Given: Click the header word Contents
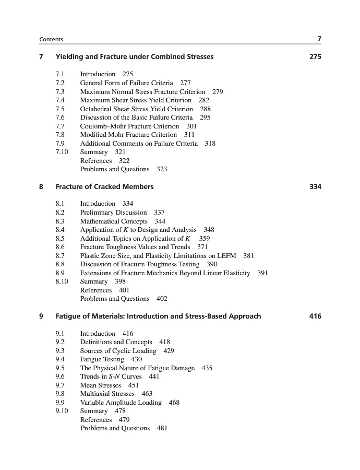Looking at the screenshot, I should click(51, 39).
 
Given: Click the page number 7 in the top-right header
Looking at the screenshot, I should click(319, 39).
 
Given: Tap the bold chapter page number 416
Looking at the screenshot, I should click(315, 316).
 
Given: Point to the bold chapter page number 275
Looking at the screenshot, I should click(315, 57).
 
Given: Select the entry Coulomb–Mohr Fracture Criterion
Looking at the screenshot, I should click(129, 126).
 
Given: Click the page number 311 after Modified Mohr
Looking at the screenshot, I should click(189, 135).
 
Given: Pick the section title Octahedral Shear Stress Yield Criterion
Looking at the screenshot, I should click(136, 109).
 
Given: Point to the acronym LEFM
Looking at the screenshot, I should click(225, 255).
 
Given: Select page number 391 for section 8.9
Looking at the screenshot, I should click(262, 273).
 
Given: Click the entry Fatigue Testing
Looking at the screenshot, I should click(102, 359).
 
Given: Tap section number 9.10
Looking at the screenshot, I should click(61, 411).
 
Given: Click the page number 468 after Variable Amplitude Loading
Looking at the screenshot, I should click(174, 403).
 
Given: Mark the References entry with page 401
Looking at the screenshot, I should click(96, 290).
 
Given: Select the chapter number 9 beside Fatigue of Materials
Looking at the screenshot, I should click(41, 316).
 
